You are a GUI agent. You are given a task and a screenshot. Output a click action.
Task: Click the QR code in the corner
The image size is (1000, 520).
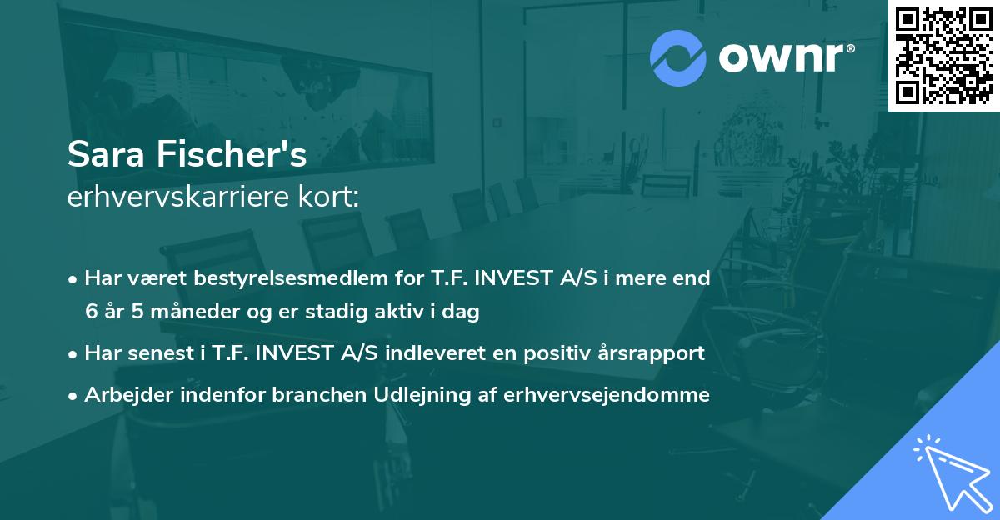[943, 56]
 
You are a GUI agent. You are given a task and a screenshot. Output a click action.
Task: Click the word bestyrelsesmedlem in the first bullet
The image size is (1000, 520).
[284, 278]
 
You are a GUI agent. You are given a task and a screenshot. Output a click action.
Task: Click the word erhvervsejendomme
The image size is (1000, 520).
[607, 395]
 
